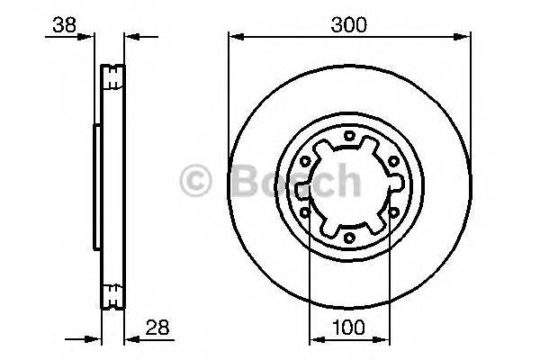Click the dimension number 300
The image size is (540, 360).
(x=348, y=25)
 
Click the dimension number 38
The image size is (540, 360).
(x=63, y=25)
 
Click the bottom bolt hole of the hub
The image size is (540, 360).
(x=348, y=238)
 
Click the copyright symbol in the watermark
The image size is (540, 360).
(x=197, y=182)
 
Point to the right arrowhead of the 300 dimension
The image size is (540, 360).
(x=465, y=37)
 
